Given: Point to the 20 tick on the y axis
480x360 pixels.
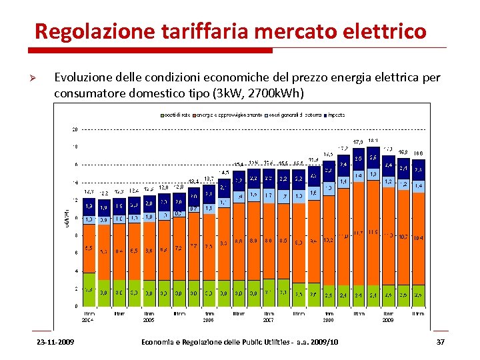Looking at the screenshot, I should pyautogui.click(x=75, y=129).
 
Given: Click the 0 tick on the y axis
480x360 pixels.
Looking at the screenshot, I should pyautogui.click(x=76, y=306).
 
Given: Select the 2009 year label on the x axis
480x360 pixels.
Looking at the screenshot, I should pyautogui.click(x=387, y=320).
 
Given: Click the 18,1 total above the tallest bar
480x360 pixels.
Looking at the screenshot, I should pyautogui.click(x=373, y=141).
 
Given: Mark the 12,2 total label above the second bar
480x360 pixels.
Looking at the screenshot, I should pyautogui.click(x=104, y=193).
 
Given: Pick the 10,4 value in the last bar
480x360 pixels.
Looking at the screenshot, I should pyautogui.click(x=418, y=237).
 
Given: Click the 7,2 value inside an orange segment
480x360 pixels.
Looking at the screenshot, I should pyautogui.click(x=178, y=247).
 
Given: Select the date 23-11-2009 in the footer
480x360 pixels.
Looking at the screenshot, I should pyautogui.click(x=56, y=342).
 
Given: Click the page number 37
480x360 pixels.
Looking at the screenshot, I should pyautogui.click(x=440, y=342).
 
